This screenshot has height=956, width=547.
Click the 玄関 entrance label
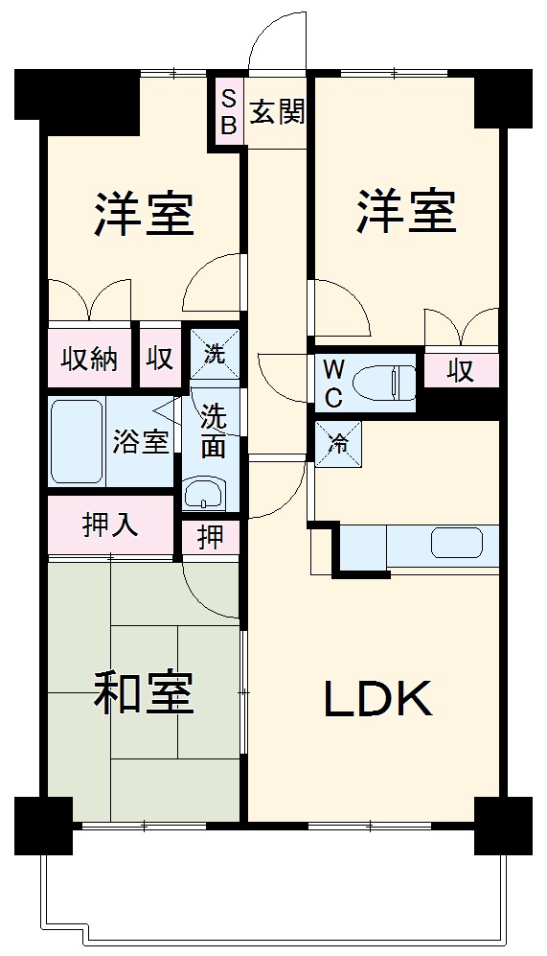pos(278,112)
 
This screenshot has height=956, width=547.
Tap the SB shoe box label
pos(229,111)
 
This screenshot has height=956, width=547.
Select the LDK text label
pos(378,700)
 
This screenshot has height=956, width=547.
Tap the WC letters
pos(333,383)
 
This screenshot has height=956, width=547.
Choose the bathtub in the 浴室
pos(77,441)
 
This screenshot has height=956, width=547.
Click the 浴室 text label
pos(141,442)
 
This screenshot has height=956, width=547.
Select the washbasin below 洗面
pos(204,494)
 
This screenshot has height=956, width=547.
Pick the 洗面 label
pos(213,431)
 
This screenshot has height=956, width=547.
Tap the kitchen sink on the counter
pos(457,543)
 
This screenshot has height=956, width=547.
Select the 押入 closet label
pos(111,525)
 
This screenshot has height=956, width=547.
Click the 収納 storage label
pos(90,359)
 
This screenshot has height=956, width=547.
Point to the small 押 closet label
pos(210,538)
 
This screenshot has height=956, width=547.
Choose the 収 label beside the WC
pos(461,370)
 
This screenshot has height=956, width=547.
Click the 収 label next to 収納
pos(160,359)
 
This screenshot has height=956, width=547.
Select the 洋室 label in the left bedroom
pos(144,215)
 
